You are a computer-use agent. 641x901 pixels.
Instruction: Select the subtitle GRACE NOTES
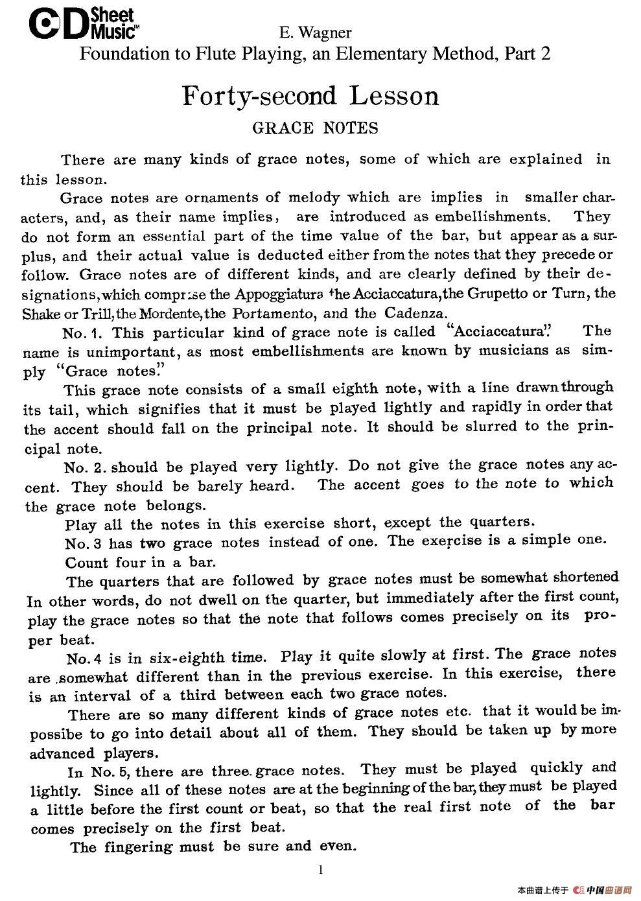click(x=315, y=128)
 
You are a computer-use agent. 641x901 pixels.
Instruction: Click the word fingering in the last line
click(x=142, y=847)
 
